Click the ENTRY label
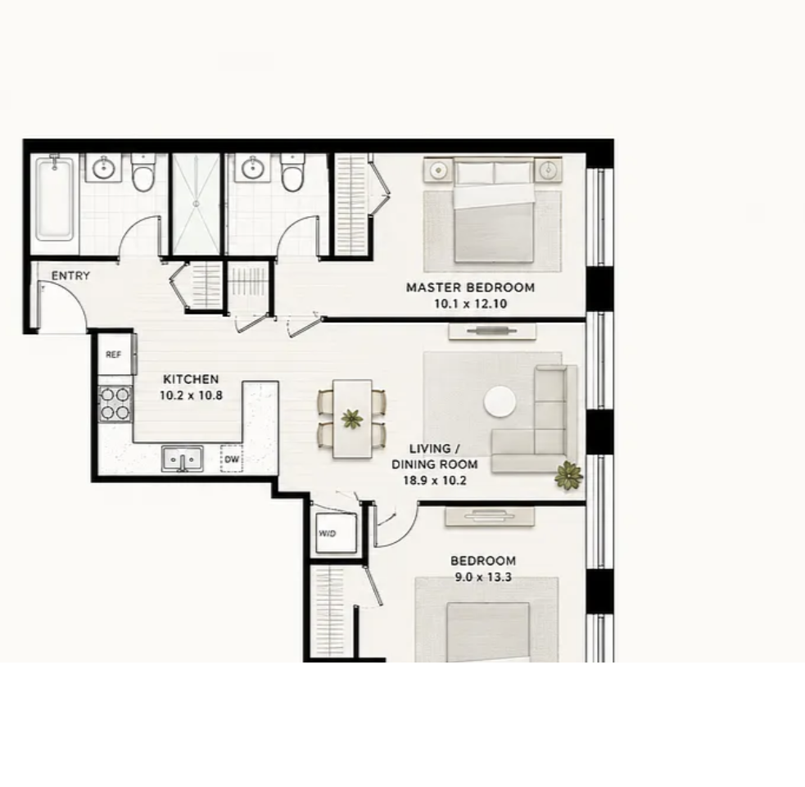(x=71, y=276)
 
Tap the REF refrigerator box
(x=115, y=355)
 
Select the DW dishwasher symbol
(x=232, y=459)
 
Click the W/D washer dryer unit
(x=336, y=533)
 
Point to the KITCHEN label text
(x=191, y=379)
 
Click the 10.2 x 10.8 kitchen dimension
(x=191, y=396)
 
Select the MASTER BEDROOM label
(x=470, y=287)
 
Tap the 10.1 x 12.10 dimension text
(x=470, y=304)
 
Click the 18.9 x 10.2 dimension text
(x=434, y=481)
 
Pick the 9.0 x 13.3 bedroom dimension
(x=483, y=577)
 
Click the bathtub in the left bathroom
(x=54, y=198)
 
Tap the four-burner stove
(x=115, y=404)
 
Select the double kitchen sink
(x=183, y=459)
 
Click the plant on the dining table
(x=351, y=418)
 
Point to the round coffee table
(x=500, y=402)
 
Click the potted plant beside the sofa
(x=568, y=475)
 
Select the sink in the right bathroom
(x=252, y=167)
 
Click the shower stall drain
(x=196, y=204)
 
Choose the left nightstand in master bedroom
(x=438, y=170)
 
